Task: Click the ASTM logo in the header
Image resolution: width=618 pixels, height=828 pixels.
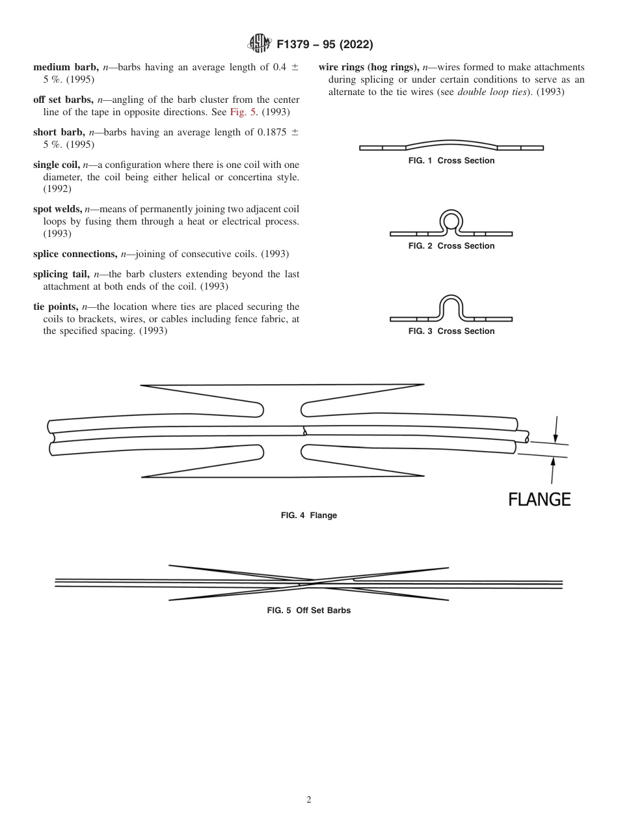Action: pos(260,44)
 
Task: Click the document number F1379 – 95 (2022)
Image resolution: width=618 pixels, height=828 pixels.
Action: pos(325,45)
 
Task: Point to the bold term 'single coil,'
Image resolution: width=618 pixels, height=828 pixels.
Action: pos(62,165)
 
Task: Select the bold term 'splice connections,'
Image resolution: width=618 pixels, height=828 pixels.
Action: pos(75,254)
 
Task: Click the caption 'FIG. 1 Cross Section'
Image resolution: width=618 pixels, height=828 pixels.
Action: pos(451,161)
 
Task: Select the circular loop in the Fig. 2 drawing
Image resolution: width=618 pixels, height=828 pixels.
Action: pos(451,221)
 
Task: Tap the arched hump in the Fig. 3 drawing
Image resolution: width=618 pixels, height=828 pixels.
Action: pos(451,307)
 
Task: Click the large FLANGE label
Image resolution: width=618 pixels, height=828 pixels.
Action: pos(539,499)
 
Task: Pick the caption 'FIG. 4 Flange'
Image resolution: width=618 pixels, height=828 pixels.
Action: pos(309,516)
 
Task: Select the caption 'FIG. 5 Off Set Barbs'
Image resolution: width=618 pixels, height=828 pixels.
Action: pos(309,611)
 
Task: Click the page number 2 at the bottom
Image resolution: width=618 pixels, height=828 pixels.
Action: pos(309,800)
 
